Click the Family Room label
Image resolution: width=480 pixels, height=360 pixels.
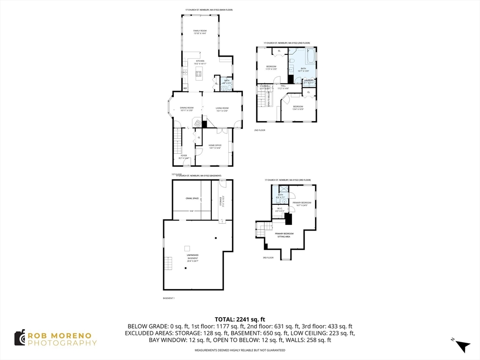[x=200, y=32]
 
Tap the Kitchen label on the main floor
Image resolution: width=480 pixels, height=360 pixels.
[x=200, y=62]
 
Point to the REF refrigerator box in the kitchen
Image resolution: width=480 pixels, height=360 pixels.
[x=185, y=88]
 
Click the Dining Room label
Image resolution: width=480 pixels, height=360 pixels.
[x=187, y=109]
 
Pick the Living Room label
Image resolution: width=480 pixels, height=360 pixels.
[x=222, y=109]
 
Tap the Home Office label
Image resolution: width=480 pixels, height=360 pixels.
[x=214, y=146]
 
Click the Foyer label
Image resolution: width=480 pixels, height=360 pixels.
[x=184, y=157]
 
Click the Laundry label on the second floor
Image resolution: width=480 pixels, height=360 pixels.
[x=308, y=81]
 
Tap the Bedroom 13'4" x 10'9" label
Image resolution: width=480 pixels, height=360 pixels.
[x=298, y=108]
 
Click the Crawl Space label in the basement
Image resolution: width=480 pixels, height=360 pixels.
[x=192, y=198]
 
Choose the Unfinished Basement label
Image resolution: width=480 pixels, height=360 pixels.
[x=193, y=258]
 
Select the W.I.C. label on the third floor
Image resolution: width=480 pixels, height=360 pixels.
[x=279, y=210]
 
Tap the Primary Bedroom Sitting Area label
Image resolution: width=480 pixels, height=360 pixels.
[x=284, y=235]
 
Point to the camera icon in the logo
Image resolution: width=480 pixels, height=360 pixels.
[x=20, y=337]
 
